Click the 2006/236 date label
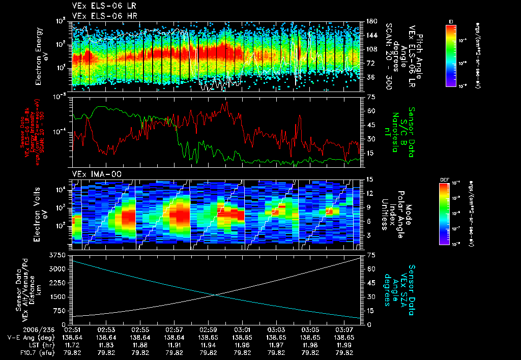[21, 329]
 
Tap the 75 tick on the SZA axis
[365, 254]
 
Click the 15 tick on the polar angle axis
[365, 179]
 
